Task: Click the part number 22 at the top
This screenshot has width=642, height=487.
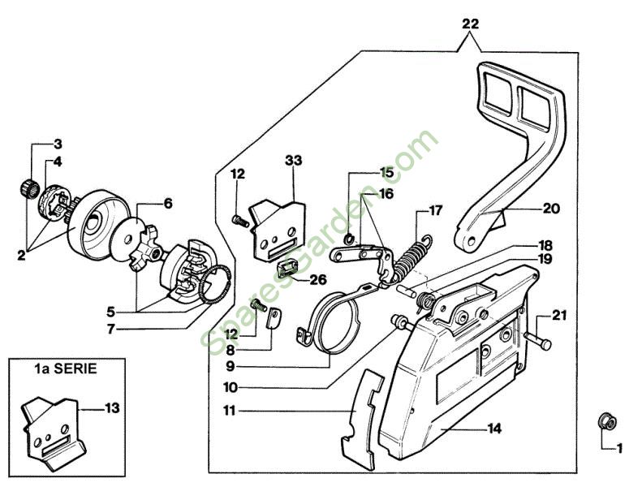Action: (x=470, y=24)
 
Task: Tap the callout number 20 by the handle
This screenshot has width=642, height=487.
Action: (x=551, y=208)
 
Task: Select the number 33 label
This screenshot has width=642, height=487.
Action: (x=293, y=162)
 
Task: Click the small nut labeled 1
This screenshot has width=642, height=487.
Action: (x=605, y=420)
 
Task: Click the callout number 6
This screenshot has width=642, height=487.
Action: (x=167, y=205)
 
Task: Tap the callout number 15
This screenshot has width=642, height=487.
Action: (x=386, y=172)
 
